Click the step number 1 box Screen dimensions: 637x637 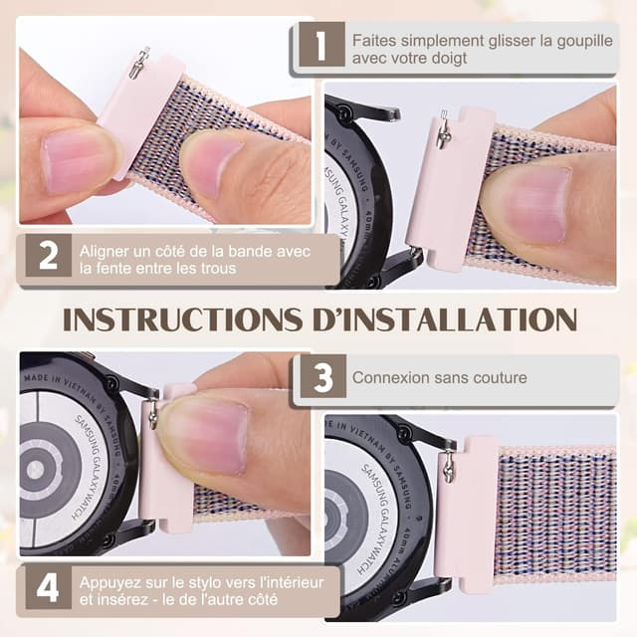click(321, 44)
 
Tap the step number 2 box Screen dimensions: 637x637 click(49, 255)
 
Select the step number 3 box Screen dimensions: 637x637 click(323, 376)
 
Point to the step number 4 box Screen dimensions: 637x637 click(49, 587)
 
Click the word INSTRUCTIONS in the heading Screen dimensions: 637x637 click(183, 319)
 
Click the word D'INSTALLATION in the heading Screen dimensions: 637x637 click(445, 319)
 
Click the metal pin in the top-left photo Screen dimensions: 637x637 click(138, 63)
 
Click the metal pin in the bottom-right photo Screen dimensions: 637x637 click(448, 467)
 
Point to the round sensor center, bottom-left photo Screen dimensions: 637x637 click(36, 470)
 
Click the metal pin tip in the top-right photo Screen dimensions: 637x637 click(444, 112)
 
